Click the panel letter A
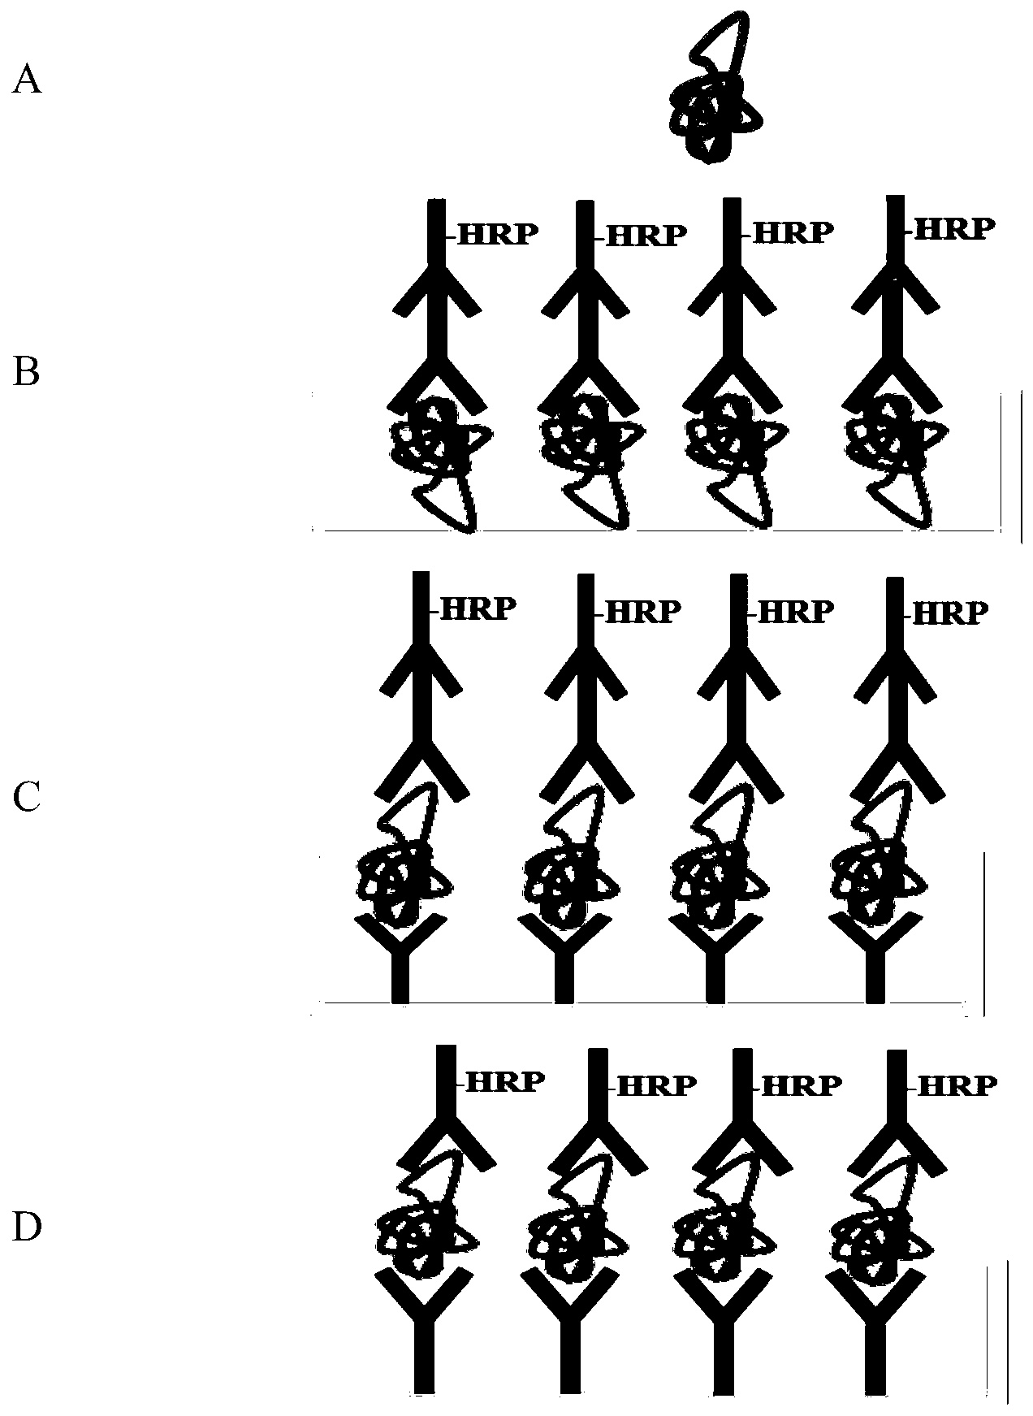[27, 81]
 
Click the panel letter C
[27, 799]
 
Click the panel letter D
[27, 1228]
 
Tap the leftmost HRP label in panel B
[497, 235]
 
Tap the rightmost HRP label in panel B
[953, 229]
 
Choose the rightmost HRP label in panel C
[950, 612]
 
